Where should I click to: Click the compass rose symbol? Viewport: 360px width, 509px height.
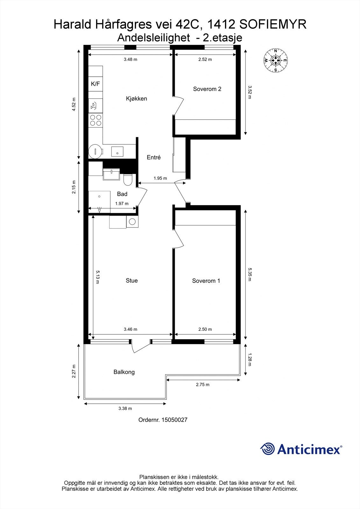[x=276, y=60]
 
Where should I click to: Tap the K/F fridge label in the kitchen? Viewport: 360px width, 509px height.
[x=95, y=84]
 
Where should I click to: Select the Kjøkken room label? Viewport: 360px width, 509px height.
[x=136, y=99]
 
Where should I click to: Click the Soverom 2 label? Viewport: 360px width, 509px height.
[x=207, y=89]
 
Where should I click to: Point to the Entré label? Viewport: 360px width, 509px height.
[x=153, y=157]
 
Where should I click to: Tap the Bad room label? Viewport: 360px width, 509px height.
[x=122, y=194]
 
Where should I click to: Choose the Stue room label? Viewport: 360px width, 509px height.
[x=131, y=281]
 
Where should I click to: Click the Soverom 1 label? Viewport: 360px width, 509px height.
[x=206, y=281]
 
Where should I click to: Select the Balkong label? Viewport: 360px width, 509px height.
[x=124, y=372]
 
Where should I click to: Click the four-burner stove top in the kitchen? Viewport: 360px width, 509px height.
[x=95, y=120]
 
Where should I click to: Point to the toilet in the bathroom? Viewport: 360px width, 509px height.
[x=128, y=180]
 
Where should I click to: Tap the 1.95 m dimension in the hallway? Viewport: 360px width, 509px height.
[x=160, y=178]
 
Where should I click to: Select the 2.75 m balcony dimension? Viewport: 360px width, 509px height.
[x=202, y=385]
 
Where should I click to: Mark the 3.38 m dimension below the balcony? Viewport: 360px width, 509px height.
[x=125, y=408]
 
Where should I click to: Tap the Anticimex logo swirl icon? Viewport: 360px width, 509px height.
[x=267, y=449]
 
